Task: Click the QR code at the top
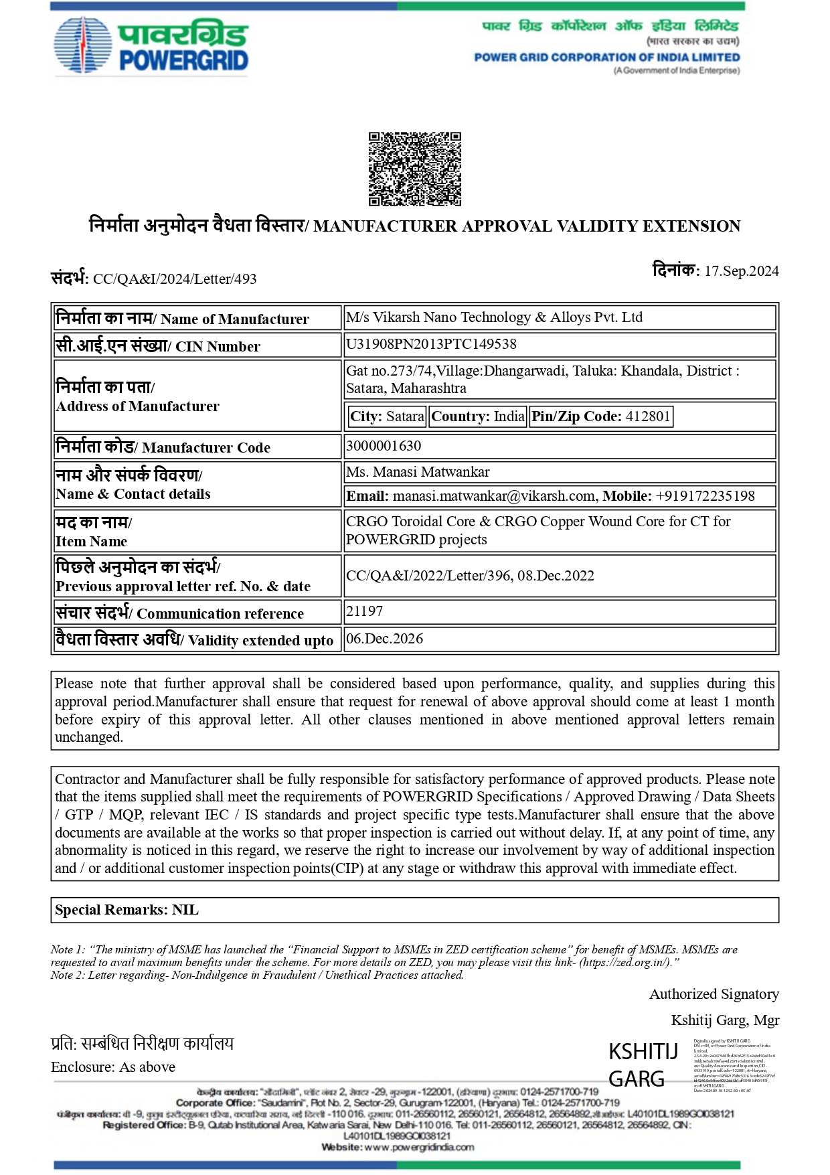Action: tap(415, 169)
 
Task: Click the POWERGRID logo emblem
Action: tap(82, 45)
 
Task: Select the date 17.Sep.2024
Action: tap(741, 271)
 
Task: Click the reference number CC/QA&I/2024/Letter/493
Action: tap(175, 279)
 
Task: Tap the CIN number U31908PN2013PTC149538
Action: tap(431, 344)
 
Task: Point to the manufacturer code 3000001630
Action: tap(384, 446)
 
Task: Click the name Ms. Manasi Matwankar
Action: tap(418, 472)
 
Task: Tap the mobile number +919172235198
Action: tap(705, 496)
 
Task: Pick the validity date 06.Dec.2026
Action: tap(385, 639)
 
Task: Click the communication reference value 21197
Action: tap(365, 611)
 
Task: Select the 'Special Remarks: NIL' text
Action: tap(127, 910)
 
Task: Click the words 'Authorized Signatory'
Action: tap(714, 994)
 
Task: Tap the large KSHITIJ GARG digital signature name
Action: tap(642, 1065)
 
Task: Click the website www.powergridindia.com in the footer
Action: tap(419, 1147)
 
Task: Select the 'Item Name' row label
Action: tap(92, 542)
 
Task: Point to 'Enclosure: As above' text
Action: tap(113, 1067)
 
